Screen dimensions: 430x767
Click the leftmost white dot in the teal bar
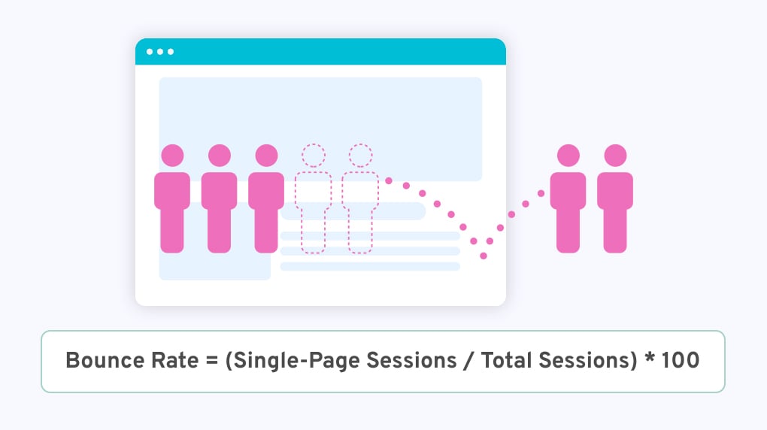coord(150,52)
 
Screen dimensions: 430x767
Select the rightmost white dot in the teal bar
coord(171,52)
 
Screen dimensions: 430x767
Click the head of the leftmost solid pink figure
coord(172,156)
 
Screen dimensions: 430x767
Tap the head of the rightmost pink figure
coord(615,156)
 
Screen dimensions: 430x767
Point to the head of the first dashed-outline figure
coord(314,156)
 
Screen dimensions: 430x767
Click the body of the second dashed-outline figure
coord(360,210)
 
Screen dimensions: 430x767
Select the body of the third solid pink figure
coord(266,210)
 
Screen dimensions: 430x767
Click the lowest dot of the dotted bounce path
coord(483,256)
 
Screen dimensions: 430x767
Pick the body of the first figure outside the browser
coord(568,210)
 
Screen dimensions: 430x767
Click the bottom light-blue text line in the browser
coord(370,266)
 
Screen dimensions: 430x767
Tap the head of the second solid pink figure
coord(220,156)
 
